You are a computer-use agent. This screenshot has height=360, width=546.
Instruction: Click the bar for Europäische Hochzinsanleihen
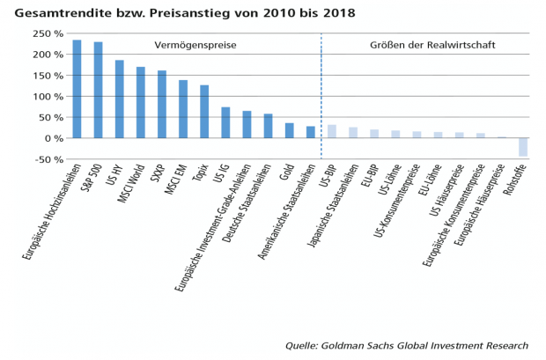click(x=77, y=89)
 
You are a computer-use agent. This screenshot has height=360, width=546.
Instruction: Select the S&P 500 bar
click(x=98, y=90)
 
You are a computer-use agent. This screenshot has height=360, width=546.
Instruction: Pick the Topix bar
click(x=204, y=112)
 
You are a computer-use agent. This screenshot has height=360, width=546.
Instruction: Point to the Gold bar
click(x=289, y=130)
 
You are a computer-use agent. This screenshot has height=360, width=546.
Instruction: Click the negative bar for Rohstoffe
click(x=523, y=147)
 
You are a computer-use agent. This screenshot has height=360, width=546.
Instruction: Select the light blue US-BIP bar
click(x=332, y=131)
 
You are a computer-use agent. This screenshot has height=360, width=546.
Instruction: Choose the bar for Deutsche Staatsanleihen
click(x=268, y=126)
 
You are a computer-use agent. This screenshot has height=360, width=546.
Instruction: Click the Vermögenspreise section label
click(x=196, y=44)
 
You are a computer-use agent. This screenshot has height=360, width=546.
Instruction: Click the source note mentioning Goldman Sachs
click(x=407, y=346)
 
